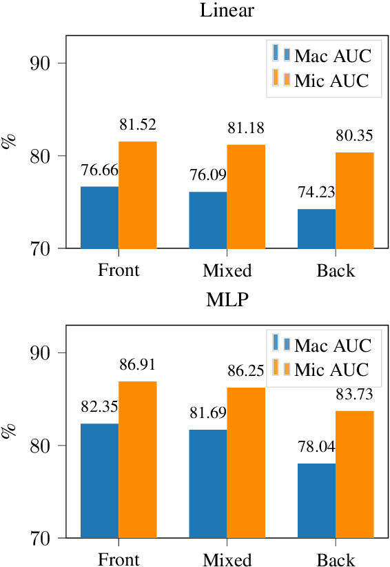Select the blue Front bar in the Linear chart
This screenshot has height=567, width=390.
click(100, 217)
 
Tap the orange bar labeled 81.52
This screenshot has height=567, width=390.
click(138, 195)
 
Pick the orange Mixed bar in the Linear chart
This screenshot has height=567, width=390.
click(246, 196)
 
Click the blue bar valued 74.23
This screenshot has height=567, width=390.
click(316, 228)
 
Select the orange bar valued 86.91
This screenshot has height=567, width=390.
click(138, 459)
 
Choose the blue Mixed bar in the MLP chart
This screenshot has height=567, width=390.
click(208, 484)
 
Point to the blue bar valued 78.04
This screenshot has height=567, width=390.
click(316, 500)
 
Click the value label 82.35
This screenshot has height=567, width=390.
click(100, 407)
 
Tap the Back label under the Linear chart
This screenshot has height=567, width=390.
click(336, 270)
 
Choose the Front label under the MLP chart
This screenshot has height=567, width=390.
click(119, 559)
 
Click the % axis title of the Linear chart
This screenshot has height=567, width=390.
click(10, 142)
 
